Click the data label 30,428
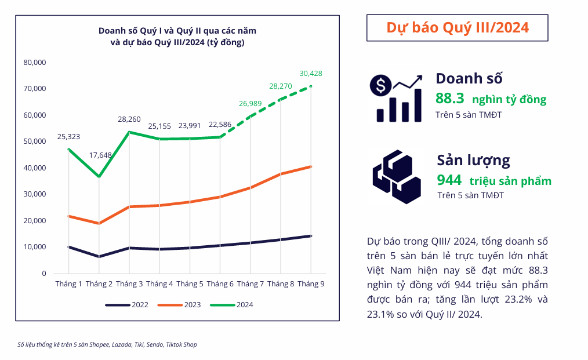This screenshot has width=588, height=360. (311, 74)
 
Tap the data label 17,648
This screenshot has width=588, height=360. (100, 155)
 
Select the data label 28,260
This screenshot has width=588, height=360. (129, 119)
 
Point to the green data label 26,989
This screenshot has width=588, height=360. (251, 104)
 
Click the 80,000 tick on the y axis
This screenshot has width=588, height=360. (35, 62)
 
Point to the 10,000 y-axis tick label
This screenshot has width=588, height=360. (35, 247)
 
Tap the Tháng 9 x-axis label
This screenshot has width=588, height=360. (310, 283)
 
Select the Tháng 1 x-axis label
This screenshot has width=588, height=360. (68, 283)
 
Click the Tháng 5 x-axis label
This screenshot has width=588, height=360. (190, 283)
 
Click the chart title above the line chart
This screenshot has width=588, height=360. (177, 36)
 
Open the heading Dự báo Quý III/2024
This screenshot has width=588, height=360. (457, 28)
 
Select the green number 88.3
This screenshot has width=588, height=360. (450, 99)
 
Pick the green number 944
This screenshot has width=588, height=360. (449, 180)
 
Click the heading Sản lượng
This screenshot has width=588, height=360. (473, 160)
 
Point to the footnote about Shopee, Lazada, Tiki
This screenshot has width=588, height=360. (107, 344)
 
